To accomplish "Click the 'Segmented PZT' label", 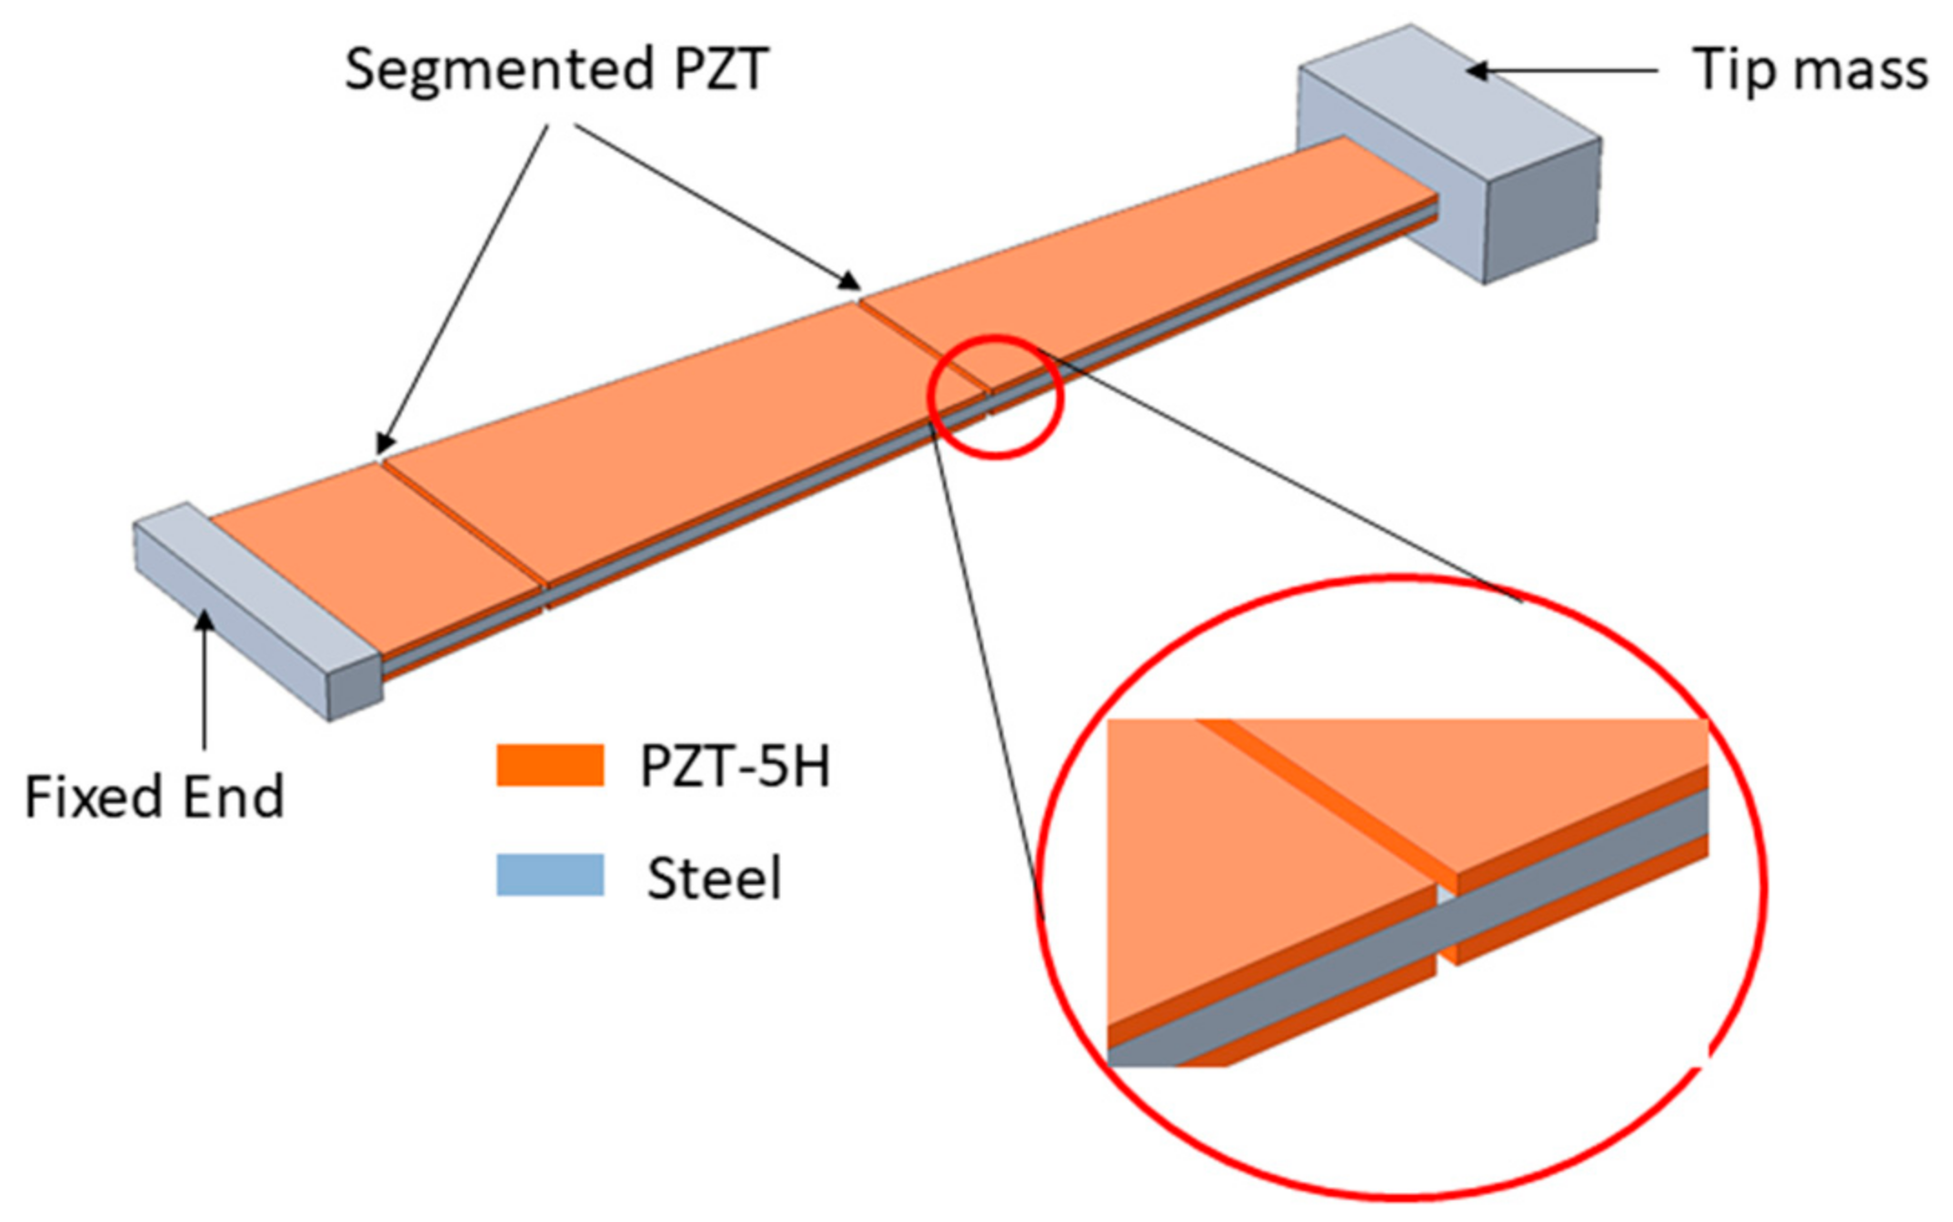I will (556, 70).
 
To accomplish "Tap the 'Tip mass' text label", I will (1808, 70).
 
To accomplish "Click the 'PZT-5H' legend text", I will (735, 766).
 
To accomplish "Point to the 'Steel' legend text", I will (714, 878).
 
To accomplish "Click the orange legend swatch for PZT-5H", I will (550, 765).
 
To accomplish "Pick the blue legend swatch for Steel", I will (550, 875).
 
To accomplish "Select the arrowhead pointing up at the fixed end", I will (205, 623).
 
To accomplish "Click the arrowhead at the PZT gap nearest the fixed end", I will (385, 445).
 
